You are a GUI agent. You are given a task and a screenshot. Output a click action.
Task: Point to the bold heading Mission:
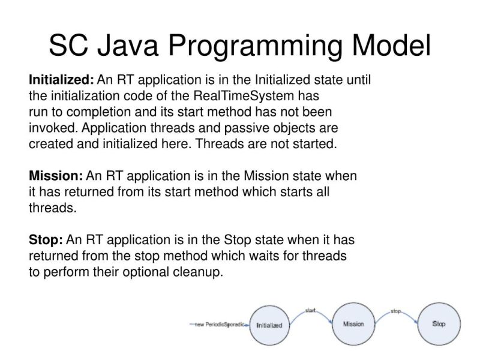click(56, 176)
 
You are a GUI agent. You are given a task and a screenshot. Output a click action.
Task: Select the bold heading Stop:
click(46, 240)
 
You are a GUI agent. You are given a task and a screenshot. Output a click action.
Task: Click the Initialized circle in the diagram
click(269, 325)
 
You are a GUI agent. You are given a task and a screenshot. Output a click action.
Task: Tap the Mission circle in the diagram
click(353, 324)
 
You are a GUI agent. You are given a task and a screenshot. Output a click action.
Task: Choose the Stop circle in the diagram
click(439, 324)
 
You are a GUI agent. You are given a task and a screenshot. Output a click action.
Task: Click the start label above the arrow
click(310, 310)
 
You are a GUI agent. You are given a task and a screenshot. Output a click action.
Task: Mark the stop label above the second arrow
click(395, 311)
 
